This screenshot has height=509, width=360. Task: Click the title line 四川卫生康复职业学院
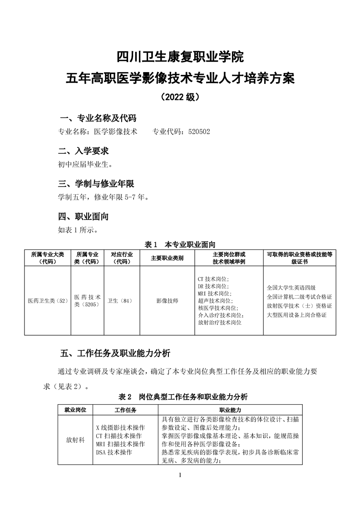click(x=180, y=58)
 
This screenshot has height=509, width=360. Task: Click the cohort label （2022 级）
click(x=180, y=97)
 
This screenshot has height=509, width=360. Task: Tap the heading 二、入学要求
click(x=84, y=151)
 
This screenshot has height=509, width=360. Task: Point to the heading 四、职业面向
click(x=84, y=216)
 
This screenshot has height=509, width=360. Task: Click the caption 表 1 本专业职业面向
click(x=180, y=244)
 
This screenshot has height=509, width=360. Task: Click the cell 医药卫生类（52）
click(x=47, y=300)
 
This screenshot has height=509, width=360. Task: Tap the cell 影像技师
click(x=167, y=300)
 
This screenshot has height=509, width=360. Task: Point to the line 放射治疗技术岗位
click(x=220, y=323)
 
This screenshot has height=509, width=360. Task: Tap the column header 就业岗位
click(x=75, y=410)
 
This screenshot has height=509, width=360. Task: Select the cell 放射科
click(x=75, y=440)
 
